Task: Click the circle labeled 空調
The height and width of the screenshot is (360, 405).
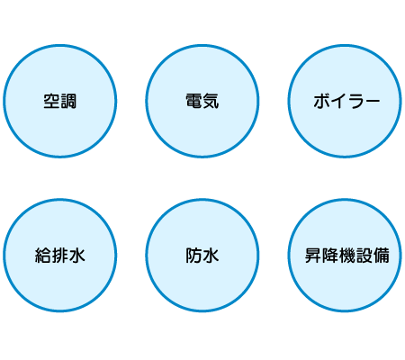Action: (60, 101)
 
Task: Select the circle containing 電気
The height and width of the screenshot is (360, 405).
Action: (202, 101)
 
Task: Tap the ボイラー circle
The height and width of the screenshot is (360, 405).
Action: (345, 101)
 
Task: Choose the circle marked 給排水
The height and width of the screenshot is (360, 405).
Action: (60, 256)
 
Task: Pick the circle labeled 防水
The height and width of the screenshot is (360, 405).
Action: (202, 256)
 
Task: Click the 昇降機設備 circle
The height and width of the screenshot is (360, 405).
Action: (345, 256)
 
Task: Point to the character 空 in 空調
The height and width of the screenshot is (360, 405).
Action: (51, 101)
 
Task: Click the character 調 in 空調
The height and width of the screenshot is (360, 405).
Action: (68, 101)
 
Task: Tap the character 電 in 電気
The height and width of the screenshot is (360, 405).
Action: (194, 101)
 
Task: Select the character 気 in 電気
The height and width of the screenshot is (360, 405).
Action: (211, 101)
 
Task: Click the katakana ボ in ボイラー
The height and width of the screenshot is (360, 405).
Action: (321, 101)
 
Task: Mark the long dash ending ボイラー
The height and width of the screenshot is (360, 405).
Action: (372, 101)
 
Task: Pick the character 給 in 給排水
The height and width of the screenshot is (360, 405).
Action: (43, 256)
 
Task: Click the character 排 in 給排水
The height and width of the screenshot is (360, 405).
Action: (60, 256)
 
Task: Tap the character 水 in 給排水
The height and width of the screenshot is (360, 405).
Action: (77, 256)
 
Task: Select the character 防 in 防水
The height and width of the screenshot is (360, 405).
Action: (194, 256)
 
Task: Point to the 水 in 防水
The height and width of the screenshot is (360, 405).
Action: (211, 256)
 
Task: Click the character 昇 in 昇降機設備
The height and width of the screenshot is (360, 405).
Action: (313, 256)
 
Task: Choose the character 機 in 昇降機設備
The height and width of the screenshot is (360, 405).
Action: (347, 256)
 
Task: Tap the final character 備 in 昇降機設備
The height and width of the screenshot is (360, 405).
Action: (382, 256)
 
